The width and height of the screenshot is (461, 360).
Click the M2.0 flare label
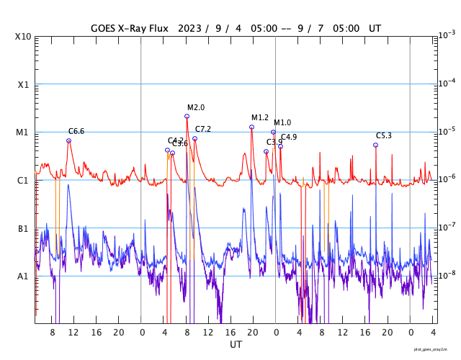[x=196, y=107]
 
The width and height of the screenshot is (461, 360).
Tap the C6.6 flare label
[x=76, y=132]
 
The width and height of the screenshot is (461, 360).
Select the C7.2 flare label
[x=203, y=129]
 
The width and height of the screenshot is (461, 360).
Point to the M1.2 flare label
[x=260, y=117]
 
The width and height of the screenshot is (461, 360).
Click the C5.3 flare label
[x=384, y=136]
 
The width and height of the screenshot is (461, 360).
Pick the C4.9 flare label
[x=289, y=137]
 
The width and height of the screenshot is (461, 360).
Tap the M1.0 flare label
[x=282, y=123]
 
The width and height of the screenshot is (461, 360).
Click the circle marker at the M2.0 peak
[x=187, y=116]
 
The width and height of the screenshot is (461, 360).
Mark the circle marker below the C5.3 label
[x=375, y=145]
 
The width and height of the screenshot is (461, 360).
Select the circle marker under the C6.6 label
[x=69, y=140]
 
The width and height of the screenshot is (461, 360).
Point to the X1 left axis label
[x=23, y=84]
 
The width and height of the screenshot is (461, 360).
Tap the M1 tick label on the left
[x=23, y=132]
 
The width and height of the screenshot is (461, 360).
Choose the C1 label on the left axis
[x=23, y=181]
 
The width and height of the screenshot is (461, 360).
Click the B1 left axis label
[x=23, y=229]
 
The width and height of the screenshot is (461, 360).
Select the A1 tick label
[x=23, y=276]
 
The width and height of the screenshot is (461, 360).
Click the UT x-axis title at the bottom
[x=236, y=345]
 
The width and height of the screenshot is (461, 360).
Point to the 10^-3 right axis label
[x=447, y=35]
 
